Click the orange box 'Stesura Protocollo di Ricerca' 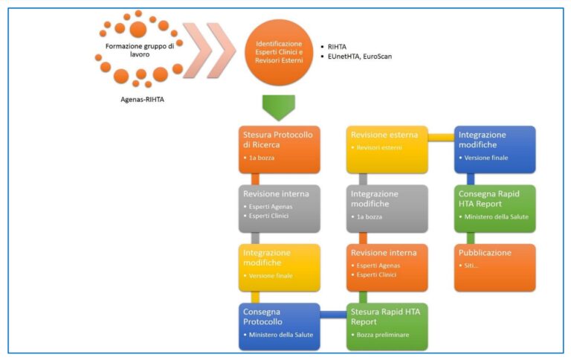click(x=279, y=150)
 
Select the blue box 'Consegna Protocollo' click(x=279, y=327)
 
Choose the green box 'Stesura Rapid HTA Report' click(x=387, y=327)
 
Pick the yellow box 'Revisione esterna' click(x=387, y=150)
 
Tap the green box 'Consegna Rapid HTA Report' click(x=494, y=209)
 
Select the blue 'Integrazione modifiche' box click(x=494, y=150)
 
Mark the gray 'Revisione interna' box click(x=279, y=209)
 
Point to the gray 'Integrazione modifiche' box click(x=387, y=209)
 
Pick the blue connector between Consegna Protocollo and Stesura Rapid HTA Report click(x=333, y=315)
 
